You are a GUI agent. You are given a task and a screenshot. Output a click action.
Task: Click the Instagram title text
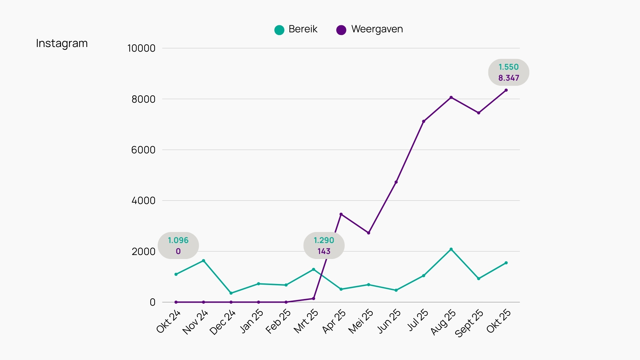tap(62, 43)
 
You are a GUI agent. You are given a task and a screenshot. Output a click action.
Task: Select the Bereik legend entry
tap(296, 29)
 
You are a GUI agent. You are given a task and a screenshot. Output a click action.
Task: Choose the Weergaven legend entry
tap(370, 29)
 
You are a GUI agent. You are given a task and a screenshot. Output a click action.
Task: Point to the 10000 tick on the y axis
tap(141, 48)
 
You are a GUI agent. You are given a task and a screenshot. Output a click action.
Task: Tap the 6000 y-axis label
tap(143, 150)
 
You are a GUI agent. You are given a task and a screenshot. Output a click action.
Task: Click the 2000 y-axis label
tap(143, 252)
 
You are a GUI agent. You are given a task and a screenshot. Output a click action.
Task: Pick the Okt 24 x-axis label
tap(169, 321)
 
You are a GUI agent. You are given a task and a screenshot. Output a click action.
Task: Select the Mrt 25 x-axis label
tap(306, 321)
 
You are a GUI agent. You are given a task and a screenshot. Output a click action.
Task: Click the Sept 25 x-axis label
tap(469, 323)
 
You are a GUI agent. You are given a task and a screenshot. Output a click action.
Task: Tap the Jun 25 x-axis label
tap(389, 321)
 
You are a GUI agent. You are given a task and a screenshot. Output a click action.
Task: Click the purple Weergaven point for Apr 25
tap(341, 214)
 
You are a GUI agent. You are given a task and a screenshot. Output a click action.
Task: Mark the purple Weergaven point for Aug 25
tap(451, 98)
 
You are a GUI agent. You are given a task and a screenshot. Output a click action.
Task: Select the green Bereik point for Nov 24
tap(203, 261)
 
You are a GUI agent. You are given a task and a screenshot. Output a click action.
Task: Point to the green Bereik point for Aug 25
tap(451, 249)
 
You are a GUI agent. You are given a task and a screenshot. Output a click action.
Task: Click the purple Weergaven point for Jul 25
tap(424, 121)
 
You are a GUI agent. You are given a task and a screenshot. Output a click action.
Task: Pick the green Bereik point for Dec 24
tap(231, 293)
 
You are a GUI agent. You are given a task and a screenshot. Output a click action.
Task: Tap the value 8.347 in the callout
tap(509, 78)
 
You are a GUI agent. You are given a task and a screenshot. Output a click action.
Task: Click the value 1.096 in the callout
tap(178, 240)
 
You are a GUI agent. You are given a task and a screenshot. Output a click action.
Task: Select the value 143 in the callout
tap(324, 251)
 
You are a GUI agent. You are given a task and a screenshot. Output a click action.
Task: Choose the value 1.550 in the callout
tap(509, 67)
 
